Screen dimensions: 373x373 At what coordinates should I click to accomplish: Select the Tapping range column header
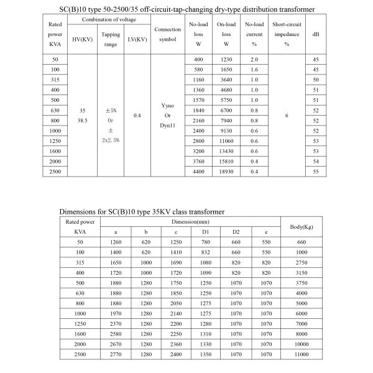point(111,40)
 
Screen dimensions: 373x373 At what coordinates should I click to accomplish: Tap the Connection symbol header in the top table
point(168,35)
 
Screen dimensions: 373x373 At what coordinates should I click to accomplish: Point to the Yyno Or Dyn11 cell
point(168,115)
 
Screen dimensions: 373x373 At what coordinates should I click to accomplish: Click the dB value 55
point(316,171)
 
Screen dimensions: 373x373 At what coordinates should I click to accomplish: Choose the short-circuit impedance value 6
point(287,115)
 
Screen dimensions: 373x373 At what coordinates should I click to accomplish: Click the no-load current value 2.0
point(254,59)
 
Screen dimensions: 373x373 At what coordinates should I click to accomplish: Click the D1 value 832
point(206,252)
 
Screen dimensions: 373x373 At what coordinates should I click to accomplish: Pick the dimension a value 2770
point(118,354)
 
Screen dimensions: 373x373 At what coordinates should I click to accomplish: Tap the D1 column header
point(206,231)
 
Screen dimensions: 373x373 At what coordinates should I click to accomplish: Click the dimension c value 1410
point(177,252)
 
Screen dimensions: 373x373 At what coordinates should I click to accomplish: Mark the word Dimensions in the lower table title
point(80,211)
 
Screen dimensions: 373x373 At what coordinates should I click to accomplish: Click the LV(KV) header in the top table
point(137,40)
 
